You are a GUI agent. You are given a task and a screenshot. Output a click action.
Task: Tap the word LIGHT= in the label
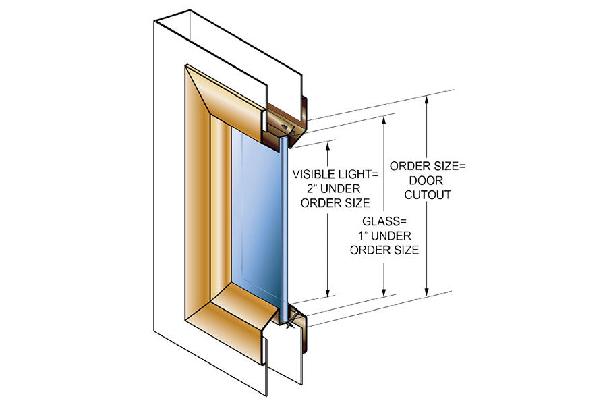pyautogui.click(x=358, y=174)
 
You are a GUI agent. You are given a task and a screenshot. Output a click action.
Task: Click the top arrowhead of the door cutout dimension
pyautogui.click(x=426, y=101)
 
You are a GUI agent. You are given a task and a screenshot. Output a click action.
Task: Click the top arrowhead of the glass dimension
pyautogui.click(x=384, y=119)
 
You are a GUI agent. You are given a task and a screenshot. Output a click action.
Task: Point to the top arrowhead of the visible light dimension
pyautogui.click(x=329, y=143)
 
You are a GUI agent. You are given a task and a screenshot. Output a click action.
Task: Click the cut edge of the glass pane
pyautogui.click(x=285, y=223)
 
